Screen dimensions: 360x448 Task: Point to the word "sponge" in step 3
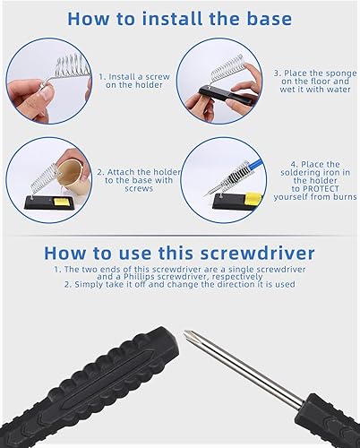coord(341,74)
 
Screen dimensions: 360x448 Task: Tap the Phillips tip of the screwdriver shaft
coord(188,333)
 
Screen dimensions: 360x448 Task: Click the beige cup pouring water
coord(73,175)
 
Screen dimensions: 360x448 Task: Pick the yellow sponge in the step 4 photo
coord(253,197)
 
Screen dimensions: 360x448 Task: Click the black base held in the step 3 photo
coord(227,95)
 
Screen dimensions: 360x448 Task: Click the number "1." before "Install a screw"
coord(102,77)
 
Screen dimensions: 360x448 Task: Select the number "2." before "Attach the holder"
coord(100,172)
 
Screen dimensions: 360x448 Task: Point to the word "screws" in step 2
coord(139,189)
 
